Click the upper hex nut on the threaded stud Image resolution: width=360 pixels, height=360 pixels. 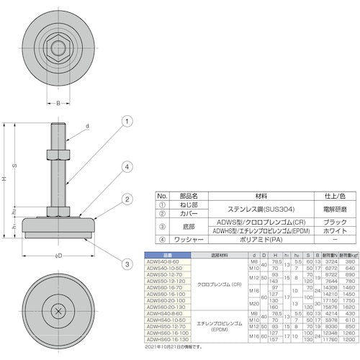click(x=58, y=153)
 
